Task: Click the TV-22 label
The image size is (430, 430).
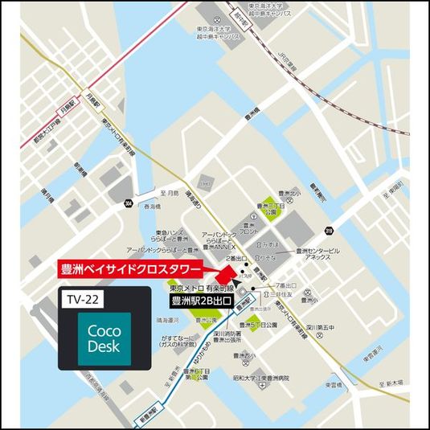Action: pos(83,299)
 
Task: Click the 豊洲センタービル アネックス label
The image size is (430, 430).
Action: pos(318,255)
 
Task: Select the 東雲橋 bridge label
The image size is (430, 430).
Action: pos(335,387)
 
